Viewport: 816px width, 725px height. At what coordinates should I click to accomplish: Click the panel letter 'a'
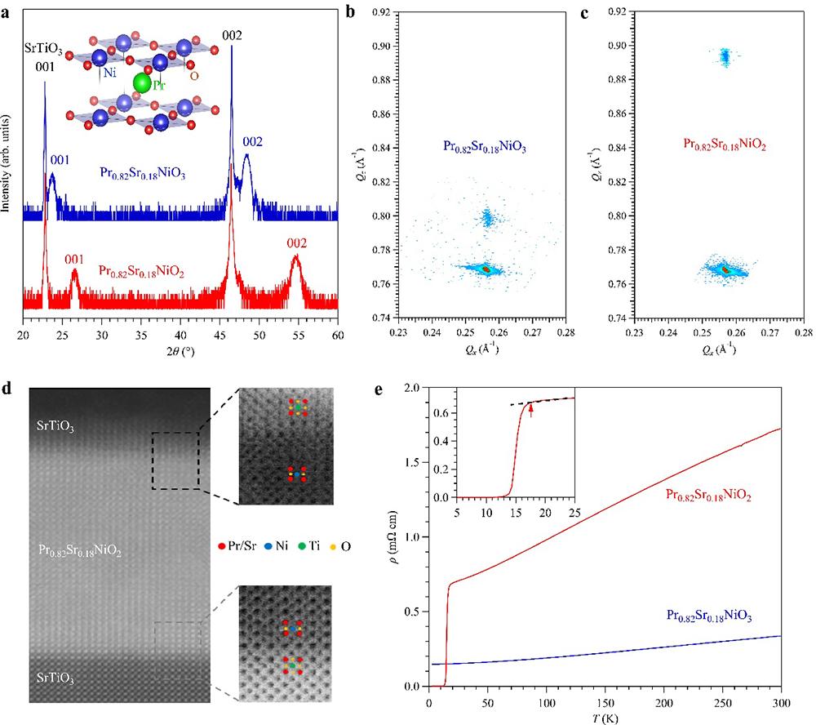7,11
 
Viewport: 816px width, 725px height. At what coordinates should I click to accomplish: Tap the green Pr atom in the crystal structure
142,83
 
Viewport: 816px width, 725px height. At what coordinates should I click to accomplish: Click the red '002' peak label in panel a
297,243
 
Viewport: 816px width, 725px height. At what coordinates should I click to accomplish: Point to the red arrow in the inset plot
531,411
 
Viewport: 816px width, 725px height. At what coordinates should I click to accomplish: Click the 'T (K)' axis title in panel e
605,716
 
